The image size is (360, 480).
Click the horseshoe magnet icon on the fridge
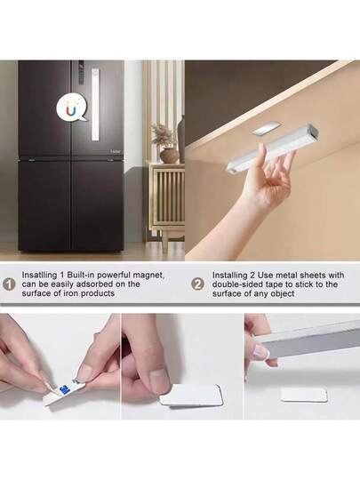point(70,108)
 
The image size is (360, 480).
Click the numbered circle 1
point(9,284)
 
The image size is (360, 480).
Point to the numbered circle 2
point(197,284)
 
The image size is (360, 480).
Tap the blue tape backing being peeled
point(68,388)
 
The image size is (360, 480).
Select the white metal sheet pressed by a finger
point(192,395)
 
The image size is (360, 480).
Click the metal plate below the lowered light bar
point(303,395)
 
